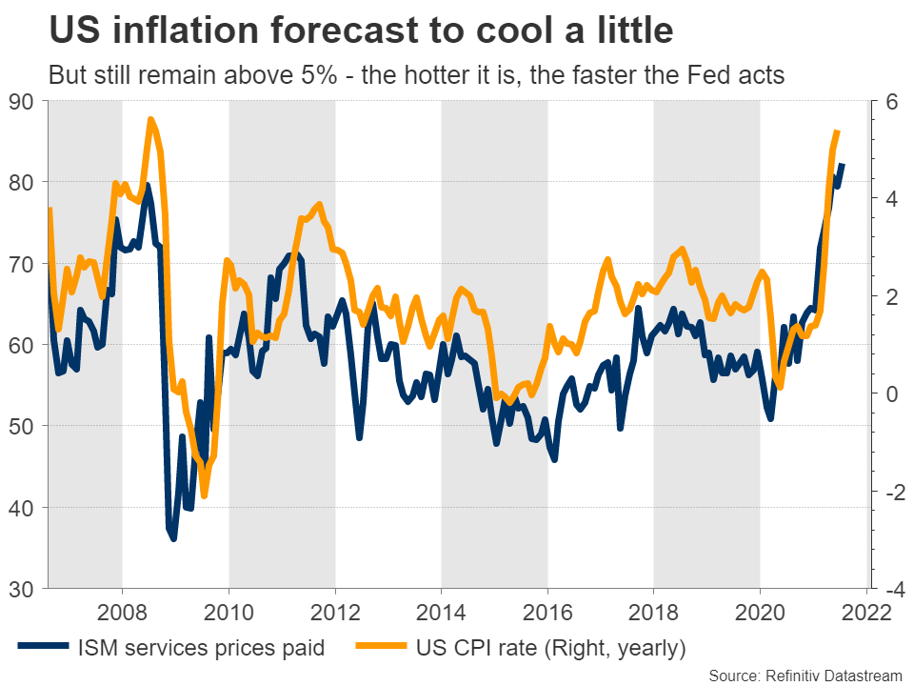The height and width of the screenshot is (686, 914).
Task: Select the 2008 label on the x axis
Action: click(122, 611)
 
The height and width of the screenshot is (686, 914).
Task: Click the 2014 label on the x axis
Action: click(441, 611)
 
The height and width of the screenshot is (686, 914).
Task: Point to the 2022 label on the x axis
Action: click(865, 611)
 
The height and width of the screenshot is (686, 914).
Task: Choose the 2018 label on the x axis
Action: click(653, 611)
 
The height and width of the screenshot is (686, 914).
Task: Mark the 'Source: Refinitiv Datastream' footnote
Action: click(805, 675)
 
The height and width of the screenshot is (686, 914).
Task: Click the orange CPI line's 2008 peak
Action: click(151, 119)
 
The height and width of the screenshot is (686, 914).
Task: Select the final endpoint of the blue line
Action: click(843, 165)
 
